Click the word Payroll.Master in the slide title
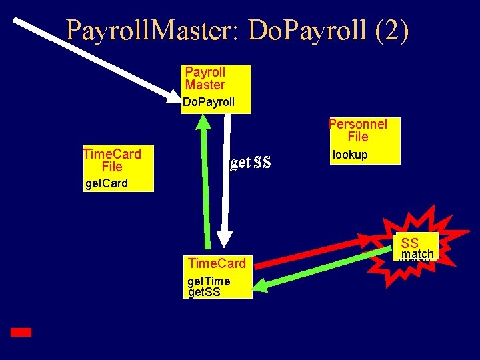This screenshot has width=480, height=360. click(x=153, y=31)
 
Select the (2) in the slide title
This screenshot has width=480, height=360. click(x=392, y=31)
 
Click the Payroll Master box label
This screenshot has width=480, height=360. click(x=205, y=78)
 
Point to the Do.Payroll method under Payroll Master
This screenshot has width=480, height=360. click(x=209, y=103)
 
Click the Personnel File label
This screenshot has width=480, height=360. click(x=358, y=130)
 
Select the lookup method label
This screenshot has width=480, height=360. click(x=350, y=155)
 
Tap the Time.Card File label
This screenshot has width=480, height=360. click(x=112, y=160)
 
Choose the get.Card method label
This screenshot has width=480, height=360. click(x=106, y=183)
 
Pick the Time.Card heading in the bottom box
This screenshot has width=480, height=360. click(x=217, y=263)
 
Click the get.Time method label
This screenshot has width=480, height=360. click(x=208, y=281)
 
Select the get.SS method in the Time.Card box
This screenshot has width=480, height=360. click(x=204, y=291)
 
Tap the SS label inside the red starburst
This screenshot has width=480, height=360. click(x=410, y=243)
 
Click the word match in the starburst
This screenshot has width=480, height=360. click(x=418, y=254)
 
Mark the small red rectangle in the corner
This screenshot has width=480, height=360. click(x=21, y=331)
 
